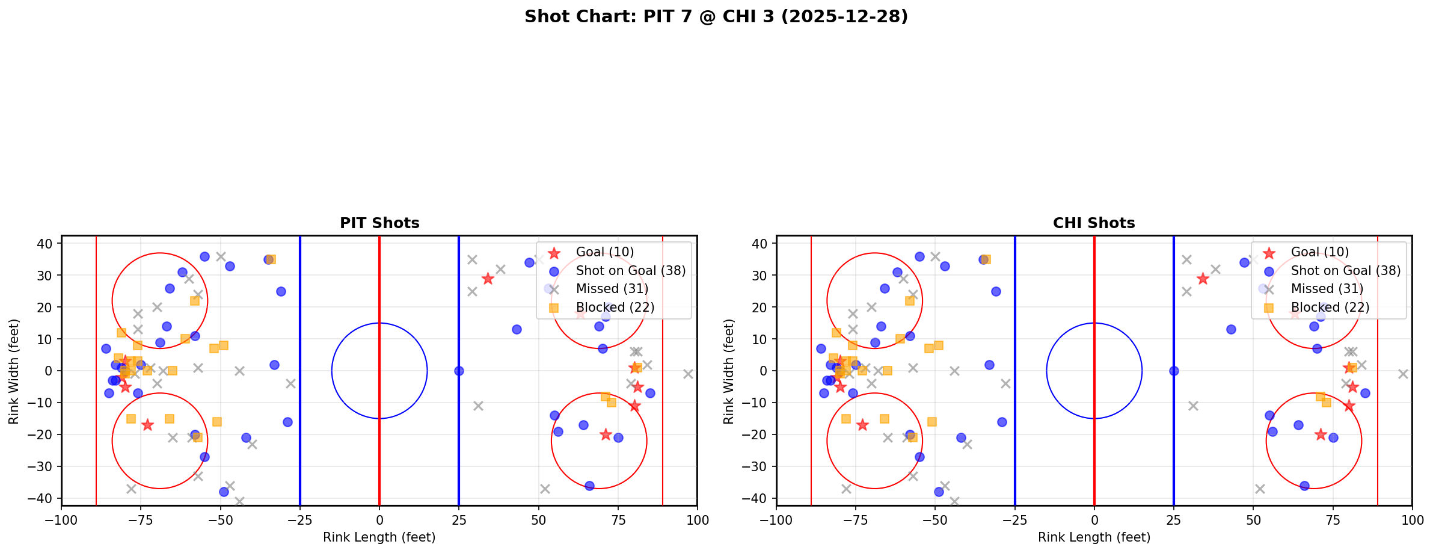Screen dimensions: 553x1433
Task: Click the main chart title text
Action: [x=716, y=16]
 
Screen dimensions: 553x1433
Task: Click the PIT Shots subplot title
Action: [x=379, y=223]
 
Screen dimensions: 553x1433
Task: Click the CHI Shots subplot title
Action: [x=1094, y=223]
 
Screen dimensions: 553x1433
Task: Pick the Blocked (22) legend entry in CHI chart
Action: [x=1330, y=307]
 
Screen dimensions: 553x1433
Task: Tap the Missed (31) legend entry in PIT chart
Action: [x=612, y=289]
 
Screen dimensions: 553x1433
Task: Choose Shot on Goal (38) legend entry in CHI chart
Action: [x=1346, y=271]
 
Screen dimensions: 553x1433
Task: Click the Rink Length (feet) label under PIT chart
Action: [x=379, y=537]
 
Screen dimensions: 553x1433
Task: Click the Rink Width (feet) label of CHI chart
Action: [x=729, y=371]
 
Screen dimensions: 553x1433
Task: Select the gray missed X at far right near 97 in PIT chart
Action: [x=688, y=374]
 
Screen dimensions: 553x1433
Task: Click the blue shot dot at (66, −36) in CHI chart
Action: [x=1304, y=486]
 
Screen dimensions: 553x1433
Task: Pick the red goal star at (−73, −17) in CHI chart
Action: [x=862, y=425]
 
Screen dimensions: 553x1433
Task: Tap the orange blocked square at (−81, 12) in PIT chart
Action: [x=121, y=333]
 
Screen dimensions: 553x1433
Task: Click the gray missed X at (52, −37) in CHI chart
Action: [x=1260, y=489]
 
